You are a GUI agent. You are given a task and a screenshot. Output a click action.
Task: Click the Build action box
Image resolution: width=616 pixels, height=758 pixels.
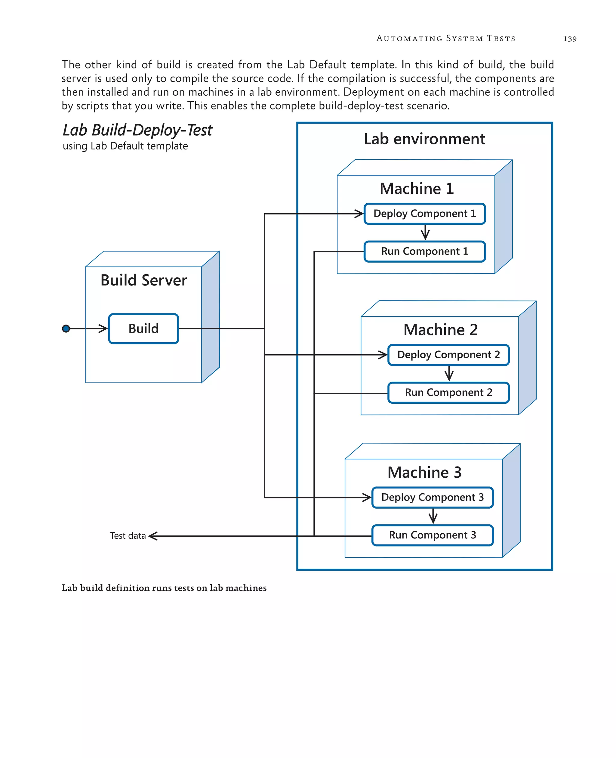click(x=143, y=328)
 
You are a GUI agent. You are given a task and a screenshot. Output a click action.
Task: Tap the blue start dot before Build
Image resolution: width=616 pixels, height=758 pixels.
click(x=66, y=328)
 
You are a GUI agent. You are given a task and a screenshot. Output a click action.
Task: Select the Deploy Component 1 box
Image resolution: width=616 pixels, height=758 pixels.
click(x=424, y=214)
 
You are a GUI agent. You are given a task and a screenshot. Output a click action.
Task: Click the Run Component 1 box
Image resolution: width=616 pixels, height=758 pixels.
click(x=424, y=251)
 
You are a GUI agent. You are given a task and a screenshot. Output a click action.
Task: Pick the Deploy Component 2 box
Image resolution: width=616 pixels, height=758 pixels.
click(x=448, y=355)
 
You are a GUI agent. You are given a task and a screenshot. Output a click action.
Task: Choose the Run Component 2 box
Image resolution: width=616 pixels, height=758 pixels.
click(x=448, y=393)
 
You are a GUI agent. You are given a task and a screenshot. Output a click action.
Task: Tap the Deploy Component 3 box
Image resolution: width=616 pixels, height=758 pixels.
click(x=432, y=498)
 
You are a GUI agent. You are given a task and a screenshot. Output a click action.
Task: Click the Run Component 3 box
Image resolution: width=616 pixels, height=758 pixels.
click(x=432, y=535)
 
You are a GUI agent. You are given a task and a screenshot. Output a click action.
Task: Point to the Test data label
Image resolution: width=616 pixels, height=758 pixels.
click(x=128, y=536)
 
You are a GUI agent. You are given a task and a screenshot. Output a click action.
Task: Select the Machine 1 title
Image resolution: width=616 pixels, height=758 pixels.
click(x=417, y=188)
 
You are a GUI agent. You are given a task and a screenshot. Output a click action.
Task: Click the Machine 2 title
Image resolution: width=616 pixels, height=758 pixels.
click(x=440, y=330)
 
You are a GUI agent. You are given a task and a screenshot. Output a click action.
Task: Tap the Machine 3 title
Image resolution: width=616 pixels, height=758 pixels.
click(x=424, y=472)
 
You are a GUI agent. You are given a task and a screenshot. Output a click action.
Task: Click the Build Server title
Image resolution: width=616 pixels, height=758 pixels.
click(x=143, y=280)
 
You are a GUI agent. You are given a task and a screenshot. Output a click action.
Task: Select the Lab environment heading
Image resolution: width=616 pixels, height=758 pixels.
click(x=424, y=139)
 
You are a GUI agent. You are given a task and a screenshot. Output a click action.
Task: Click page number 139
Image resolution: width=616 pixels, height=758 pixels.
click(x=569, y=39)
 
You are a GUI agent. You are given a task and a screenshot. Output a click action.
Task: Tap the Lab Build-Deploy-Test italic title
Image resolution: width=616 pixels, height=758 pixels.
click(x=137, y=130)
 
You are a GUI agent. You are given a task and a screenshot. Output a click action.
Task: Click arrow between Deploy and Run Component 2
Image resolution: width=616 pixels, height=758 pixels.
click(x=449, y=374)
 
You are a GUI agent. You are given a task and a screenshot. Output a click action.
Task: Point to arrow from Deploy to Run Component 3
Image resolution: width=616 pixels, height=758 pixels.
click(x=433, y=516)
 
